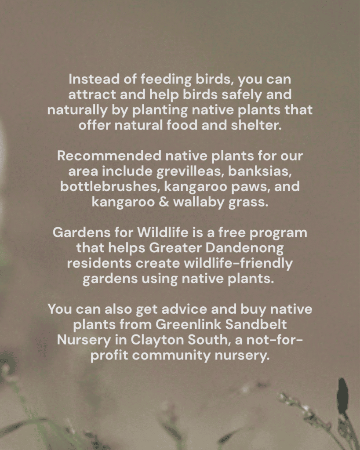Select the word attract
(92, 94)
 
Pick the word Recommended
(109, 156)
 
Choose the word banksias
(260, 171)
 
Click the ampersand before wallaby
(164, 202)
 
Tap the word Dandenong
(244, 248)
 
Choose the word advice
(184, 309)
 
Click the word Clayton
(157, 341)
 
